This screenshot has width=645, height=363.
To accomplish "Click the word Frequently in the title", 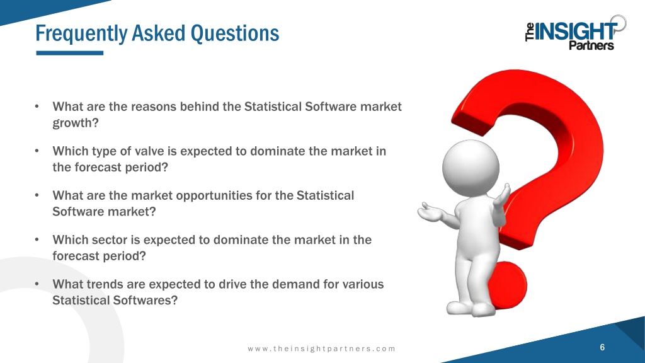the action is [x=81, y=34].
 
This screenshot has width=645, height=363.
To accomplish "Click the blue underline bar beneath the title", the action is [x=69, y=53].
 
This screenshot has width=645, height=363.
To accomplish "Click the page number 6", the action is [x=602, y=347].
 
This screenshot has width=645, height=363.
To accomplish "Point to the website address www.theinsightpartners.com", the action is [x=321, y=349].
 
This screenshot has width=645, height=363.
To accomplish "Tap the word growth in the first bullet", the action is [x=73, y=124].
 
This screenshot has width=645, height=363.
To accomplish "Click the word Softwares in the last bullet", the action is [x=142, y=301].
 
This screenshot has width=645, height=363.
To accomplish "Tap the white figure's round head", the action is [x=471, y=168].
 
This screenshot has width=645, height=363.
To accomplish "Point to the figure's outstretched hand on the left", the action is [x=430, y=212].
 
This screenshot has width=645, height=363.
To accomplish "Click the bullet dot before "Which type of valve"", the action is [x=37, y=151].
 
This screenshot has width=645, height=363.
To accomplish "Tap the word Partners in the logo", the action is [x=591, y=45].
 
